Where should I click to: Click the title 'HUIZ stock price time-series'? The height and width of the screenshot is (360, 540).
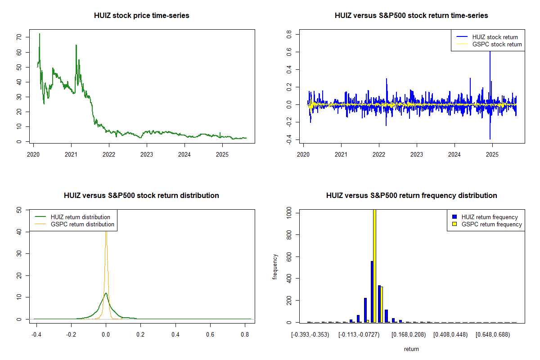tap(141, 16)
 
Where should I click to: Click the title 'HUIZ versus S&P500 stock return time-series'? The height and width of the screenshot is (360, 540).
tap(411, 16)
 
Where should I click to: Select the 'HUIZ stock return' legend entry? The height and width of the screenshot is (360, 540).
tap(495, 37)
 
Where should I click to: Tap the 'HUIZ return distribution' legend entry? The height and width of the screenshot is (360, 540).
tap(81, 217)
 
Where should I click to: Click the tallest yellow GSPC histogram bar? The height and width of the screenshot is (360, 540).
tap(374, 265)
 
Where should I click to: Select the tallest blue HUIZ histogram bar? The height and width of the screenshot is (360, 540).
tap(372, 292)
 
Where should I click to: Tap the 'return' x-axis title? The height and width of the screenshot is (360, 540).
tap(411, 349)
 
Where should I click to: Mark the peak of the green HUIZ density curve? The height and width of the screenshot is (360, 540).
tap(106, 293)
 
